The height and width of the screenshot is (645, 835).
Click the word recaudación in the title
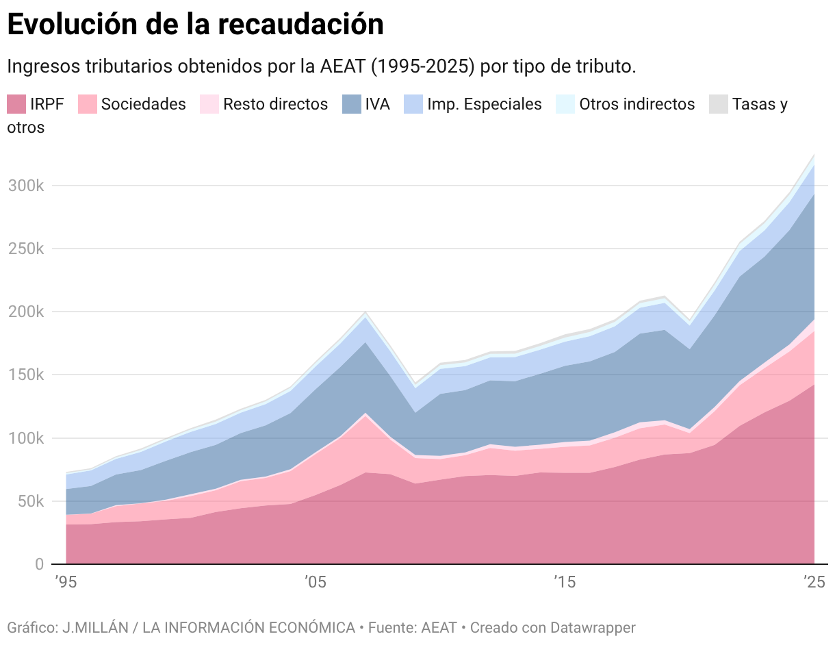click(301, 25)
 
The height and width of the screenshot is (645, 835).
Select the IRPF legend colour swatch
click(16, 104)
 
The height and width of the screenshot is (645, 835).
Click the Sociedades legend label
click(143, 104)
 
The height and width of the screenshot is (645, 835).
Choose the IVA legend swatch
click(351, 104)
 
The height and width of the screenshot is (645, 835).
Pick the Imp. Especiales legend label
click(484, 104)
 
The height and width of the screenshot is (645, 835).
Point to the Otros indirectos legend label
click(637, 104)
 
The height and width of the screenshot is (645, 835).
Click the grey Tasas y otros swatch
click(719, 104)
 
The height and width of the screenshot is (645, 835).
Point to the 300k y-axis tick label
click(25, 186)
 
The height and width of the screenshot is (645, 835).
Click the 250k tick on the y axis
click(25, 249)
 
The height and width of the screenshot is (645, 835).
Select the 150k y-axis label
click(25, 375)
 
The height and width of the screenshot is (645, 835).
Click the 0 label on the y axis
click(39, 564)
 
